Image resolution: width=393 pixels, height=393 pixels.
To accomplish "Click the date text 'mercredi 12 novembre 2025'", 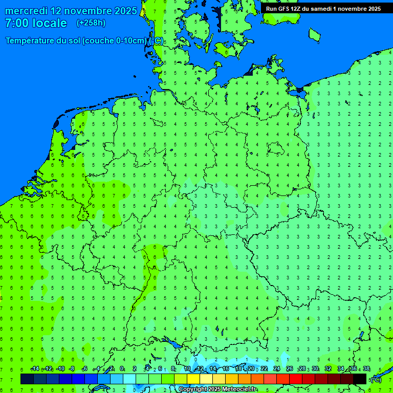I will pos(71,11).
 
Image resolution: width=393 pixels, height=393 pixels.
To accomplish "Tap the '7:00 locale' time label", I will pos(36,23).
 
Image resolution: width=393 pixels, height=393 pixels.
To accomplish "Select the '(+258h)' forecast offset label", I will pos(91,23).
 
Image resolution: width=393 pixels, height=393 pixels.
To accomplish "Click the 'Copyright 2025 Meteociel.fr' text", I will pos(217,389).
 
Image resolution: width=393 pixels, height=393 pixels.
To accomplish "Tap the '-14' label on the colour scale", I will pos(35,369).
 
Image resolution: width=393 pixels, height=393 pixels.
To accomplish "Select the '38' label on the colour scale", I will pos(366,369).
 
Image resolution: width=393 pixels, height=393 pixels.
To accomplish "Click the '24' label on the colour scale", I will pos(277,369).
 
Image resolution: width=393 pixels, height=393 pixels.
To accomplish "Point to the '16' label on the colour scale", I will pos(226,369).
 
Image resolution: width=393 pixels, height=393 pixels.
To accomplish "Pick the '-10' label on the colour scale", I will pos(60,369).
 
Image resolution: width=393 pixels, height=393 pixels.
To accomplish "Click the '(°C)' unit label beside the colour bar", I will pos(376,379).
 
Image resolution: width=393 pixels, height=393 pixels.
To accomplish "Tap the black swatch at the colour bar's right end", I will pos(360,379).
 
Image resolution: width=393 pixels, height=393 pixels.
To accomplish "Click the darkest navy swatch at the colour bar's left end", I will pos(27,379).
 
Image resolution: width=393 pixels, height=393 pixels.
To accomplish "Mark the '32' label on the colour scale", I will pos(328,369).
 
